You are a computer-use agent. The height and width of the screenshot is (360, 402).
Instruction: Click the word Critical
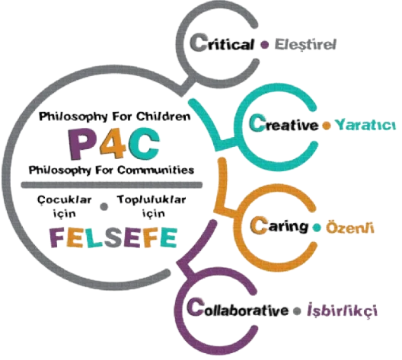[x=222, y=43]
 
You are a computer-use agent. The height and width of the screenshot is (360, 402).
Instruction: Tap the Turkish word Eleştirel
[x=305, y=44]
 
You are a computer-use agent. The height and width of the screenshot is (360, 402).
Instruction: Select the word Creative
[x=283, y=123]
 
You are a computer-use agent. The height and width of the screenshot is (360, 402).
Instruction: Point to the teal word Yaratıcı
[x=365, y=125]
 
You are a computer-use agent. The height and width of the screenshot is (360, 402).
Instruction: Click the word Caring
[x=279, y=225]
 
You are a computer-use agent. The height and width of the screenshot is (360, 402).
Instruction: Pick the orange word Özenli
[x=349, y=227]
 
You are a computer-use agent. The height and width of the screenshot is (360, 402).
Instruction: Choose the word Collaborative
[x=238, y=308]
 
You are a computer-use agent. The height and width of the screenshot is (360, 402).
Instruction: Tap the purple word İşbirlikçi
[x=342, y=311]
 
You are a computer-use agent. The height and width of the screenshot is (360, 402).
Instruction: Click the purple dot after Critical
[x=264, y=45]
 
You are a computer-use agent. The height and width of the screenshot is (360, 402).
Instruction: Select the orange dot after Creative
[x=327, y=126]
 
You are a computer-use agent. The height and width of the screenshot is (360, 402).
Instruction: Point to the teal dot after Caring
[x=317, y=228]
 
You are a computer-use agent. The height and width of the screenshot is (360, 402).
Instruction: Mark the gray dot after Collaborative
[x=297, y=311]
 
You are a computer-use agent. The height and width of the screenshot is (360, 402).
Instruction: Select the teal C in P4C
[x=144, y=144]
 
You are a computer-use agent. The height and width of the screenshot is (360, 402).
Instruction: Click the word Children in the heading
[x=163, y=116]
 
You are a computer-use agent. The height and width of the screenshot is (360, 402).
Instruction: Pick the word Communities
[x=155, y=170]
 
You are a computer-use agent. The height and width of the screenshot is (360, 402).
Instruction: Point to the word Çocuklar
[x=64, y=200]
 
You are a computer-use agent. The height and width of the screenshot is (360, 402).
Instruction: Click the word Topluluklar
[x=152, y=200]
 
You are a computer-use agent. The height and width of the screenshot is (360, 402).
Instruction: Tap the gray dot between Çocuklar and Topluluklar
[x=104, y=206]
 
